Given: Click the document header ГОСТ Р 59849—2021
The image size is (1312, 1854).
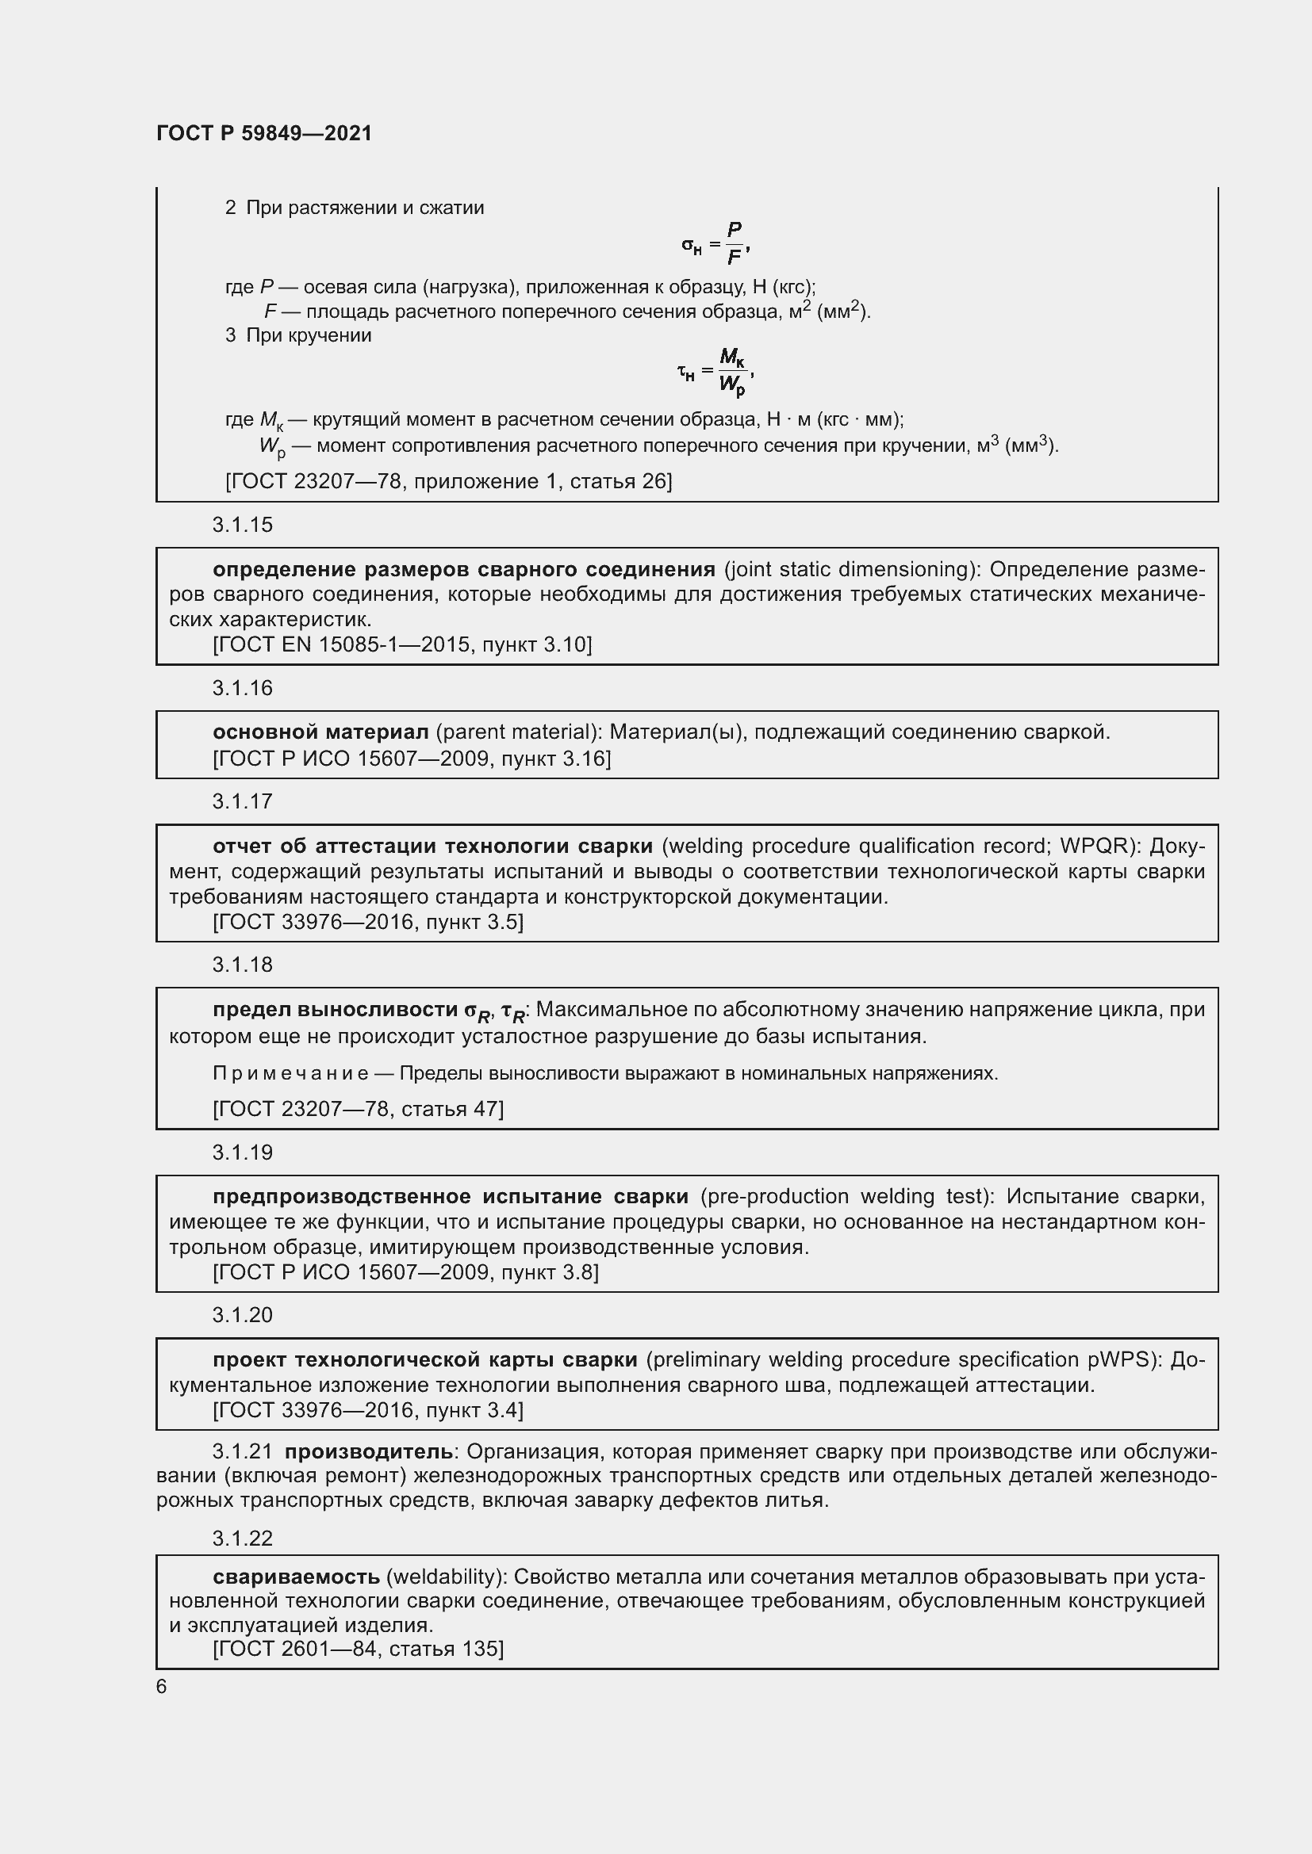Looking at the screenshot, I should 264,133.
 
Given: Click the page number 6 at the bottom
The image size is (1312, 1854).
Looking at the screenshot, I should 162,1687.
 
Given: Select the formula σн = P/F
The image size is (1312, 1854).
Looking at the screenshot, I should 715,244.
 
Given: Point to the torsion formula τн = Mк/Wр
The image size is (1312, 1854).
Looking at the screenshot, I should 715,372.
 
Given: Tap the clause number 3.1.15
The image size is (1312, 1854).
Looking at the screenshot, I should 243,525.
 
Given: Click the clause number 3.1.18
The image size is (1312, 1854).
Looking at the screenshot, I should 243,965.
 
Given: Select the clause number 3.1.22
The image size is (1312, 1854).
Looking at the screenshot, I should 243,1539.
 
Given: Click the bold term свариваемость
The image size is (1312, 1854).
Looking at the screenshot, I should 296,1577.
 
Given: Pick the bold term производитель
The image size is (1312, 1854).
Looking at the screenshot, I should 368,1451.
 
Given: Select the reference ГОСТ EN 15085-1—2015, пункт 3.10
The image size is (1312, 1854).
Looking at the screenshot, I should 401,644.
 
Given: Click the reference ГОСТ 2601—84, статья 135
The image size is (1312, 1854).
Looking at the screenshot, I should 358,1648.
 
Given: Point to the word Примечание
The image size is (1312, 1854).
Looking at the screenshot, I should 290,1073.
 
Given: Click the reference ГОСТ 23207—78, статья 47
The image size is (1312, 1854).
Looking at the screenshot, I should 358,1109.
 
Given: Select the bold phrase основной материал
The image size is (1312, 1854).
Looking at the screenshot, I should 320,732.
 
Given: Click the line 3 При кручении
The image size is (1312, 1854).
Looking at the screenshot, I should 298,335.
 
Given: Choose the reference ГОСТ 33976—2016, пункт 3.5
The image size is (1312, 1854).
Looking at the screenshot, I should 367,921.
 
